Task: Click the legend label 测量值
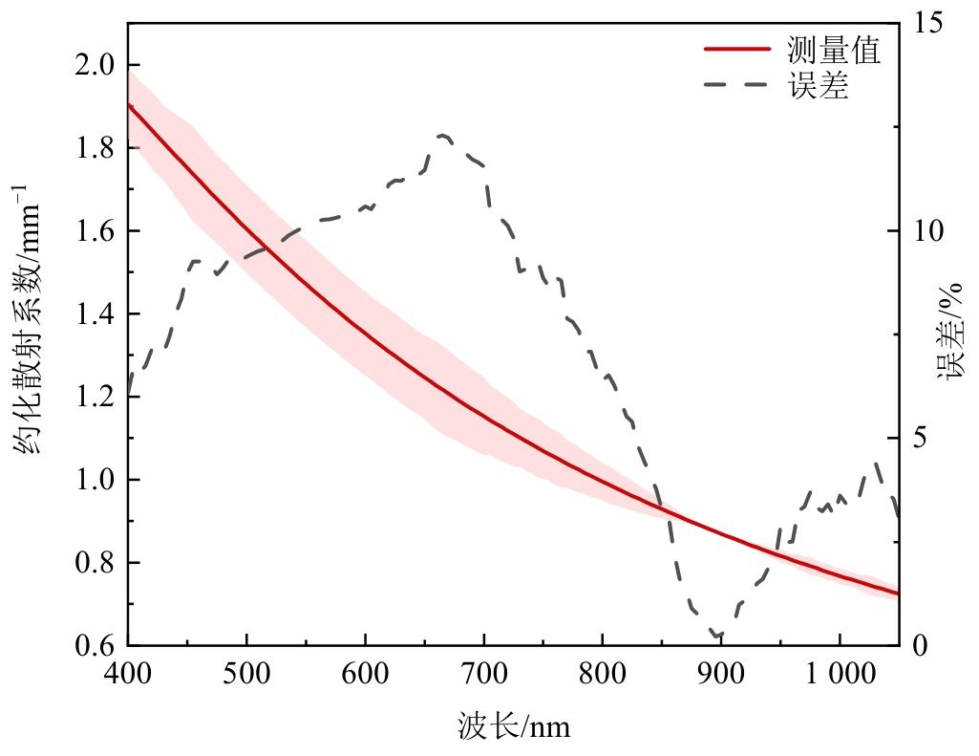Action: (x=833, y=50)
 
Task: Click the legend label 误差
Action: (x=819, y=86)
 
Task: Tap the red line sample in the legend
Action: (x=736, y=49)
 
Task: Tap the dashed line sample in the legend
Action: (x=736, y=85)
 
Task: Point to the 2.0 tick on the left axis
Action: (x=95, y=65)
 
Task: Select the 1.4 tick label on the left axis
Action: (x=95, y=314)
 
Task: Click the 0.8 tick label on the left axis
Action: (x=95, y=563)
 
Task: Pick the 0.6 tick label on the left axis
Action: (x=95, y=646)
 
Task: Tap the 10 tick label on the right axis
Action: (x=927, y=231)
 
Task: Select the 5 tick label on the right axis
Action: (x=921, y=439)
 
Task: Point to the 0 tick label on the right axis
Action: (x=921, y=646)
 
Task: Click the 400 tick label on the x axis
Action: (x=128, y=675)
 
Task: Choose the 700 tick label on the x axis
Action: (x=484, y=675)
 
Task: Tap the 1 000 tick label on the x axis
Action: (x=841, y=675)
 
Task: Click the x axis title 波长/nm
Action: (x=514, y=726)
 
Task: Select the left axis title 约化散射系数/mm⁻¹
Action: (x=28, y=320)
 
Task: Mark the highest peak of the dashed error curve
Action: (x=444, y=136)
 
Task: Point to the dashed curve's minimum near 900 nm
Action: (x=716, y=635)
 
